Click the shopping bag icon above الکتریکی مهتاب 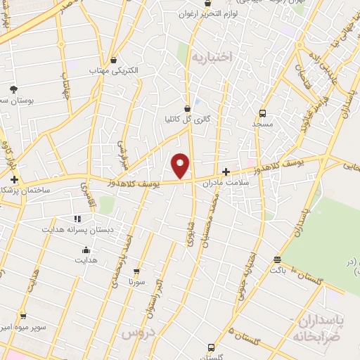click(114, 60)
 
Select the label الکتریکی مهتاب click(114, 71)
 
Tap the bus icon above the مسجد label click(262, 112)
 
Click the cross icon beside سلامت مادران click(226, 171)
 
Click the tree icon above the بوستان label click(13, 89)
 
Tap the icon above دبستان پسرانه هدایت click(78, 219)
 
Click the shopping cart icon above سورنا click(136, 271)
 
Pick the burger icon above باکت click(277, 259)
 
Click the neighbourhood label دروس click(138, 333)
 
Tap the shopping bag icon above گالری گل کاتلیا click(186, 108)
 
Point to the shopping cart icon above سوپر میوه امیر click(23, 316)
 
